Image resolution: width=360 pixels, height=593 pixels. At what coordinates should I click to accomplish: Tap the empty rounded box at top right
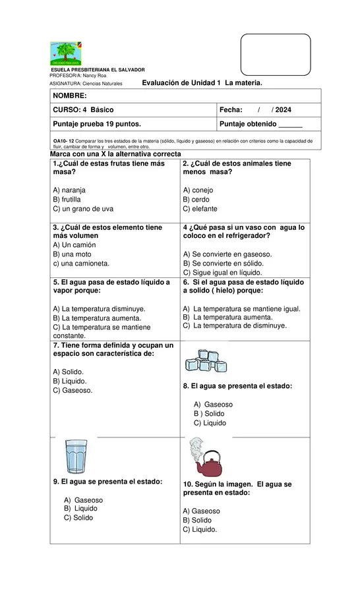pos(276,55)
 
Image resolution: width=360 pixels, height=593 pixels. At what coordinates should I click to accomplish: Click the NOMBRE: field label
pos(69,96)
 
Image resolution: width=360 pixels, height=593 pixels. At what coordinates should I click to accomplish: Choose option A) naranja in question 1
pos(69,190)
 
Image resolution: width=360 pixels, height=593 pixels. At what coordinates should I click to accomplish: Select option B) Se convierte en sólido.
pos(222,263)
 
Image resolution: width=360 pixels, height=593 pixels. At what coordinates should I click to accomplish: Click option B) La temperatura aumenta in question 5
pos(88,318)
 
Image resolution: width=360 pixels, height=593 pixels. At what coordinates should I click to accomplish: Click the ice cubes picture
pos(206,361)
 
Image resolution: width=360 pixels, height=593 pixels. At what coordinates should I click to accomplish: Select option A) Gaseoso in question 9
pos(83,500)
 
